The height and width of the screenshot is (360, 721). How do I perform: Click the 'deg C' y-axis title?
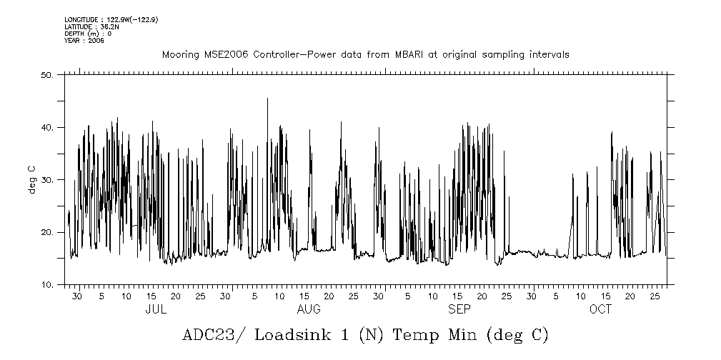[x=32, y=179]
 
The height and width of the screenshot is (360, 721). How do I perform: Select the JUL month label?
[x=156, y=309]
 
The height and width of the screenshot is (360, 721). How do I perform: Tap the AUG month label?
[x=309, y=309]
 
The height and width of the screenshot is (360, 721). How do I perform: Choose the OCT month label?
[x=601, y=309]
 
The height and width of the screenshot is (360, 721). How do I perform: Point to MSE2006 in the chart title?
[x=216, y=55]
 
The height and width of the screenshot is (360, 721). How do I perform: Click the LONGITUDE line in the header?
[x=111, y=19]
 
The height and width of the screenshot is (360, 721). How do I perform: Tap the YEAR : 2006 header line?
[x=84, y=41]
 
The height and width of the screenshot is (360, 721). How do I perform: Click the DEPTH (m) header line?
[x=88, y=34]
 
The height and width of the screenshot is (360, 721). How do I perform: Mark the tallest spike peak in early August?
[x=268, y=99]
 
